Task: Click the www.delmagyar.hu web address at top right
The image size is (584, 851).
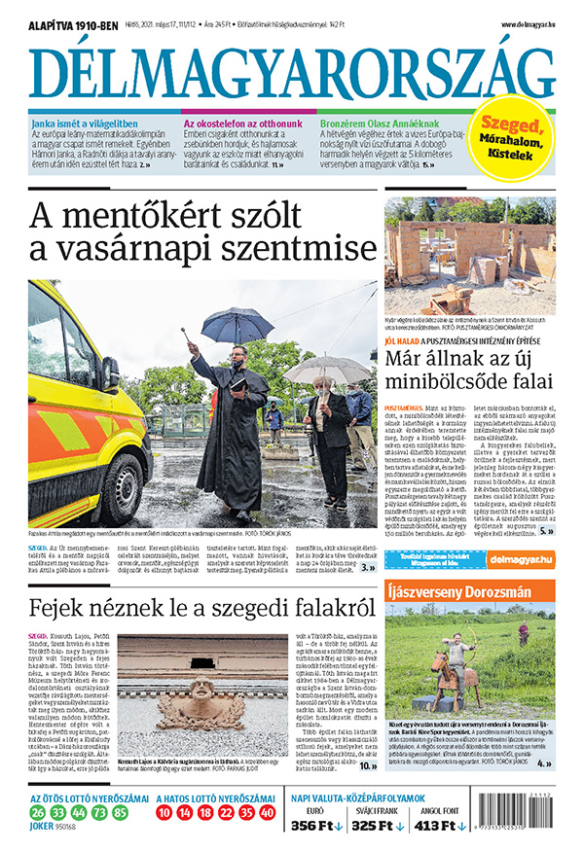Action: pos(529,24)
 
